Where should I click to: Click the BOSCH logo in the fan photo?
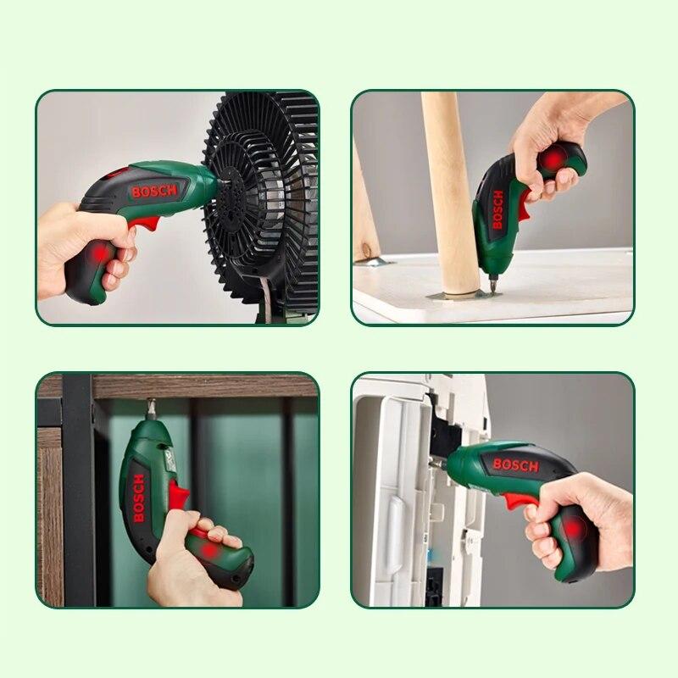154,191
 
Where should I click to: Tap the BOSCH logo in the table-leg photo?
497,208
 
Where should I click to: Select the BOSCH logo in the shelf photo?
138,497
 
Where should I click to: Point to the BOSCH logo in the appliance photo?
515,464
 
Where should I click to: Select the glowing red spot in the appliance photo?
573,530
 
